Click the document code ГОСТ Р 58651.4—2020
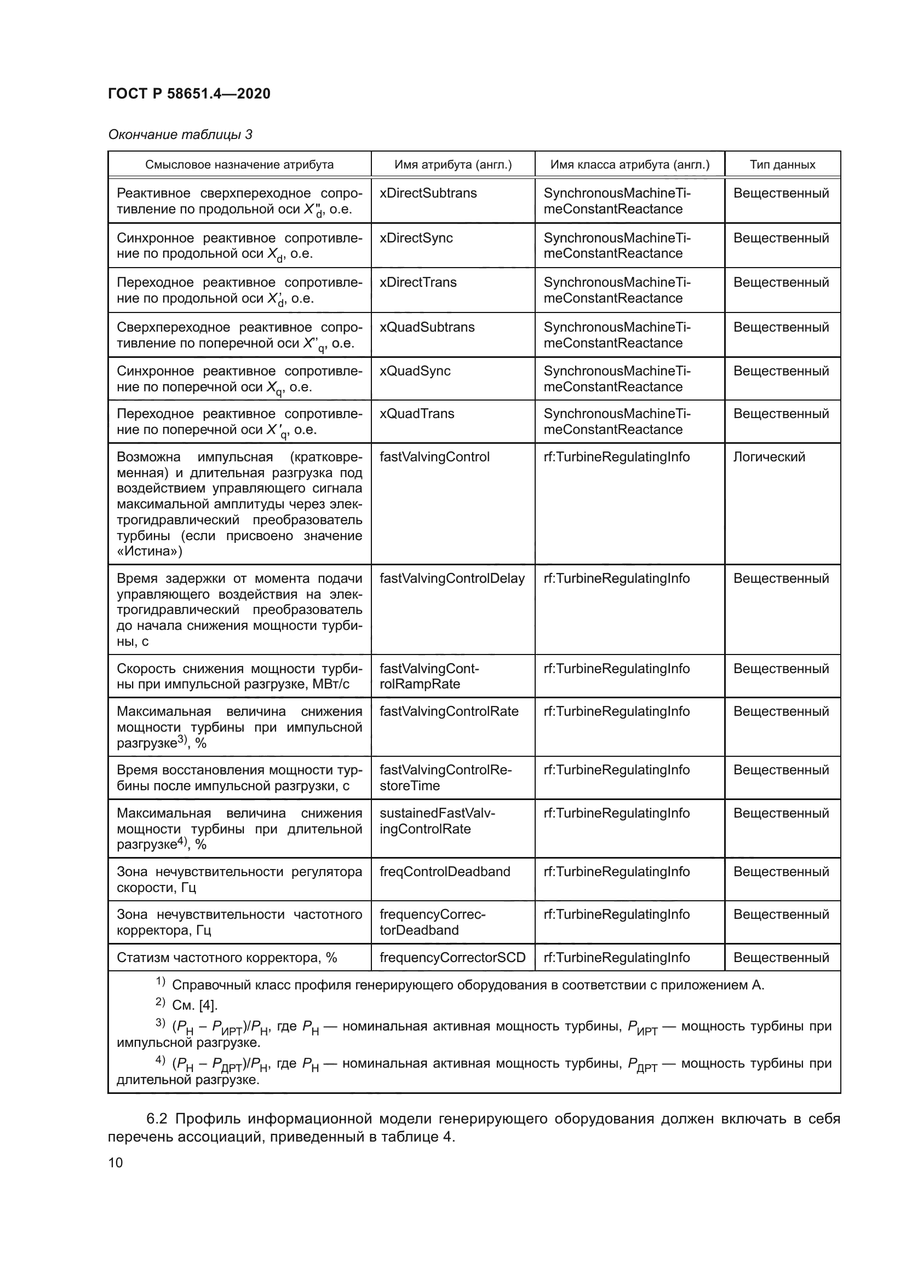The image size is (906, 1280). point(189,94)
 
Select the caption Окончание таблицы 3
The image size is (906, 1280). point(180,135)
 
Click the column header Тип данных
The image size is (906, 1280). point(782,165)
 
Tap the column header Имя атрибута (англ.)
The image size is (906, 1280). point(452,165)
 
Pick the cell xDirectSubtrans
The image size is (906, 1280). point(428,193)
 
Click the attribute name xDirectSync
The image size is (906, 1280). point(416,238)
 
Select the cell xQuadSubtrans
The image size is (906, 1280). point(427,327)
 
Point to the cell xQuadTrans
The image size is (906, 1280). point(417,414)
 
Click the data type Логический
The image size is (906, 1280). point(769,457)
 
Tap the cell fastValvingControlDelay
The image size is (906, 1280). point(452,578)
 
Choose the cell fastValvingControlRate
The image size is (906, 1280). point(449,711)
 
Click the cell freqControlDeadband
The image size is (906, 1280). point(445,871)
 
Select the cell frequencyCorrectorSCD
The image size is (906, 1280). point(452,957)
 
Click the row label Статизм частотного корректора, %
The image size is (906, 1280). point(227,957)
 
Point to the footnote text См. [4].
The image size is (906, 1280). point(194,1005)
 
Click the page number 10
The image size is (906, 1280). point(116,1162)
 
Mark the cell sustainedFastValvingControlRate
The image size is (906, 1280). point(437,821)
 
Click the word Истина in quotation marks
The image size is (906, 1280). point(146,552)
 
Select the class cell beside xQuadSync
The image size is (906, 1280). point(616,379)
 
